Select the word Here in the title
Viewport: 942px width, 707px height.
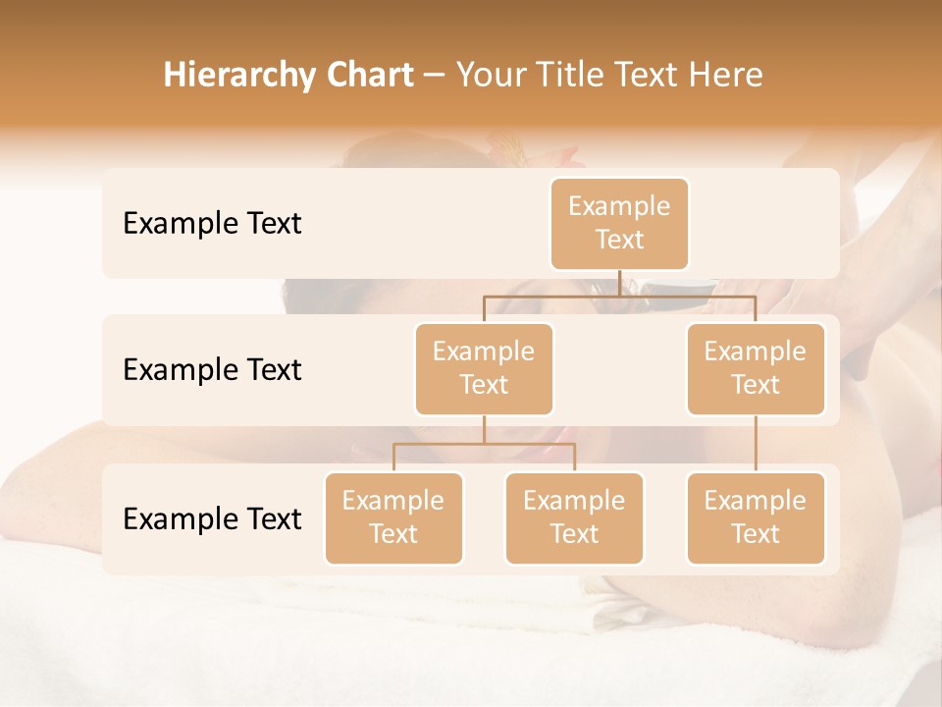[725, 75]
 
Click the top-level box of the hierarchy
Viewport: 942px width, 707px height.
[619, 223]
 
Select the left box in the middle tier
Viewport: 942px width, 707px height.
[484, 368]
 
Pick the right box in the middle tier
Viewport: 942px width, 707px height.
[756, 368]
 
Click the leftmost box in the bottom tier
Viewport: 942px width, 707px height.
[393, 517]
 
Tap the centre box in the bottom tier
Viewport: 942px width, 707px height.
[574, 517]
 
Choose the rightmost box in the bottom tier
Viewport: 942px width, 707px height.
[756, 517]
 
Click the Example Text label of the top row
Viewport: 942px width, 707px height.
[212, 224]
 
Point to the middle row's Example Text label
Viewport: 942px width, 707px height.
[212, 370]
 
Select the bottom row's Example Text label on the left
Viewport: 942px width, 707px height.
[212, 518]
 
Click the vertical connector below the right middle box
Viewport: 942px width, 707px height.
[756, 444]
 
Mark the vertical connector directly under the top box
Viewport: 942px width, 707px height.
[619, 283]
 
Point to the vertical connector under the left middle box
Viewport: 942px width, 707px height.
[484, 429]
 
